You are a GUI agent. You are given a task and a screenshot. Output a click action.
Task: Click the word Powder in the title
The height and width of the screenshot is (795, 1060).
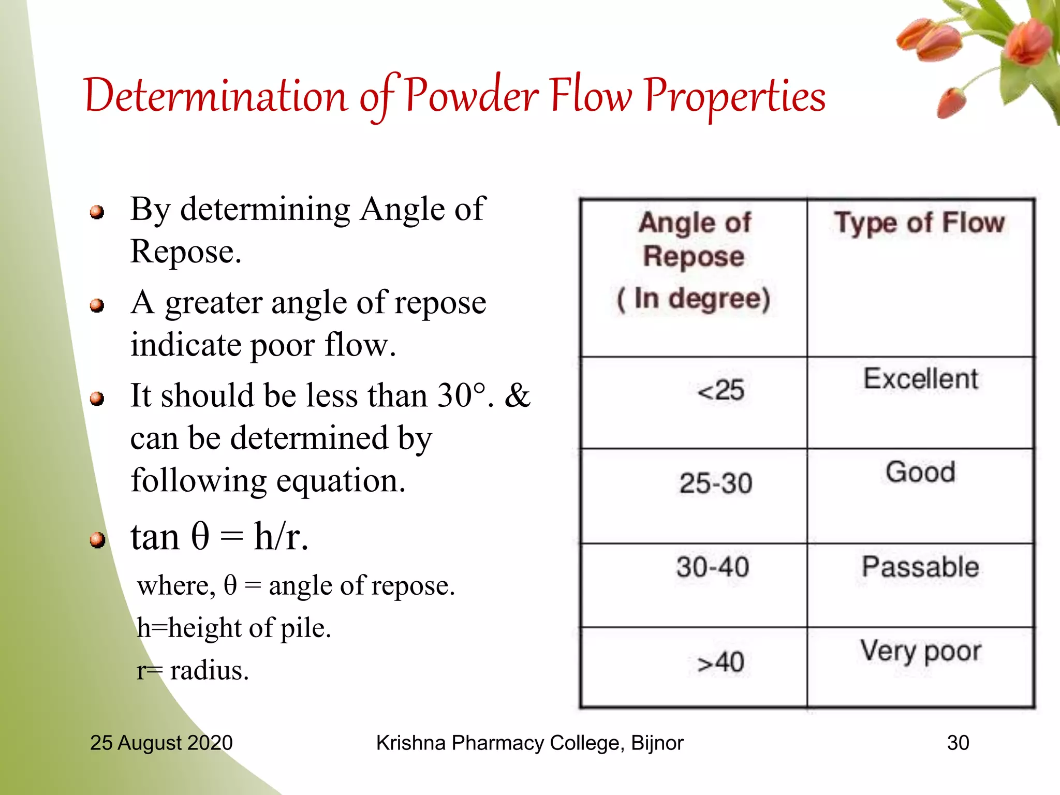coord(472,96)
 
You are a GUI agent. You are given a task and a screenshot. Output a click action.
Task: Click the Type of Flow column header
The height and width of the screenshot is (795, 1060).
coord(919,223)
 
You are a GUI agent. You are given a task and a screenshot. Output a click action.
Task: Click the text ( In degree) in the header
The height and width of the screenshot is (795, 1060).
coord(694,299)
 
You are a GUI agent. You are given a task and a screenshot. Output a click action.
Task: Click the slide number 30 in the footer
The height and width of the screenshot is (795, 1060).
coord(958,743)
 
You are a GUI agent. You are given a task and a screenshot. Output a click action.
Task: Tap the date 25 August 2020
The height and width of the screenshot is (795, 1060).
coord(161,743)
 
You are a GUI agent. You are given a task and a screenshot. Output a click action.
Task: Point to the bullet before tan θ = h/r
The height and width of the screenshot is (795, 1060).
coord(97,540)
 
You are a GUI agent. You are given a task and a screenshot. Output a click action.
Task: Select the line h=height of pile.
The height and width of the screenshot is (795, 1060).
coord(233,628)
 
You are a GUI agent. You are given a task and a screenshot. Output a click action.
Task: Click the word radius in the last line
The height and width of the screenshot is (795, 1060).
coord(209,670)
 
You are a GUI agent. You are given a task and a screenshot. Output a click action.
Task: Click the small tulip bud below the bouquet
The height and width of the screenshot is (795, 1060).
coord(951,102)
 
